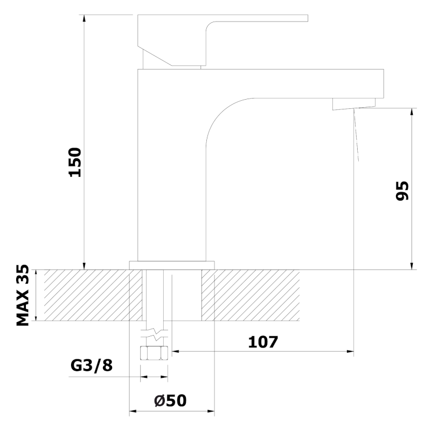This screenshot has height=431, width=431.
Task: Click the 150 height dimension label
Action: [75, 162]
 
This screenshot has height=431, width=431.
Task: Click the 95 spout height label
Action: [402, 191]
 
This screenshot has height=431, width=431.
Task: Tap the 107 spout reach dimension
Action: [263, 342]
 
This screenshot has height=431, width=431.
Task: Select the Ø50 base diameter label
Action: [170, 400]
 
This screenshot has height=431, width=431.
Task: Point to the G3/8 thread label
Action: [92, 366]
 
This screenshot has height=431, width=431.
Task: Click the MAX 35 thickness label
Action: [23, 295]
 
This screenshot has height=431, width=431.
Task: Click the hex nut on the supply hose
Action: [154, 353]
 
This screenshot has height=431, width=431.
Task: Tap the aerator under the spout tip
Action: [354, 104]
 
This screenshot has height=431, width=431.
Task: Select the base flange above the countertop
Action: [172, 265]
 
